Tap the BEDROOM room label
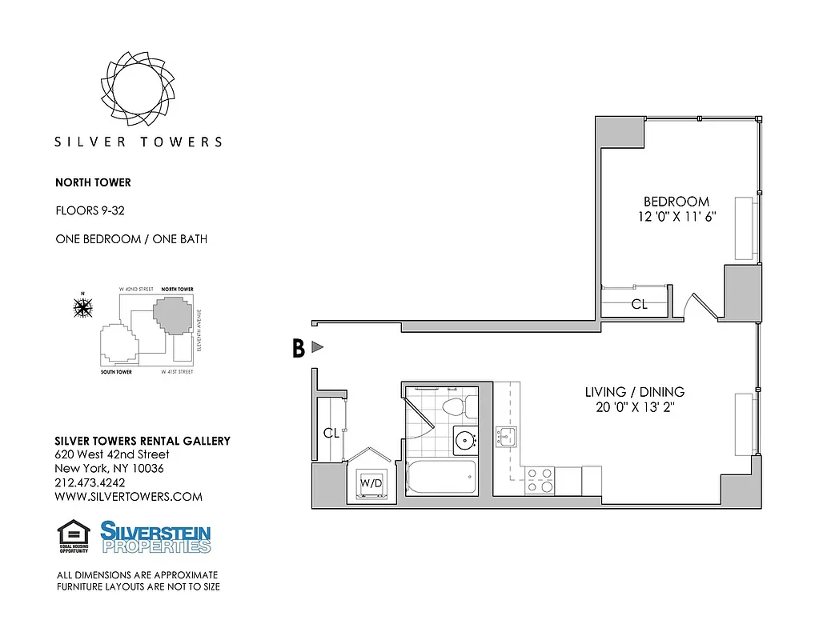click(676, 202)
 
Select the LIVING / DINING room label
click(634, 392)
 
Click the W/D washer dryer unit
click(370, 484)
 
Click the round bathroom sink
click(464, 439)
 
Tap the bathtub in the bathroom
click(441, 477)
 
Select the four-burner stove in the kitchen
click(539, 479)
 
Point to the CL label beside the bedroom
click(639, 304)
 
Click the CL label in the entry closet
click(331, 433)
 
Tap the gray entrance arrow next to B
click(317, 347)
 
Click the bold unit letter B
click(298, 348)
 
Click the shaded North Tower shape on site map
click(174, 316)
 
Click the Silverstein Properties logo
click(155, 537)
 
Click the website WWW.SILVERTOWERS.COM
click(128, 497)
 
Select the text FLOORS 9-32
click(90, 211)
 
